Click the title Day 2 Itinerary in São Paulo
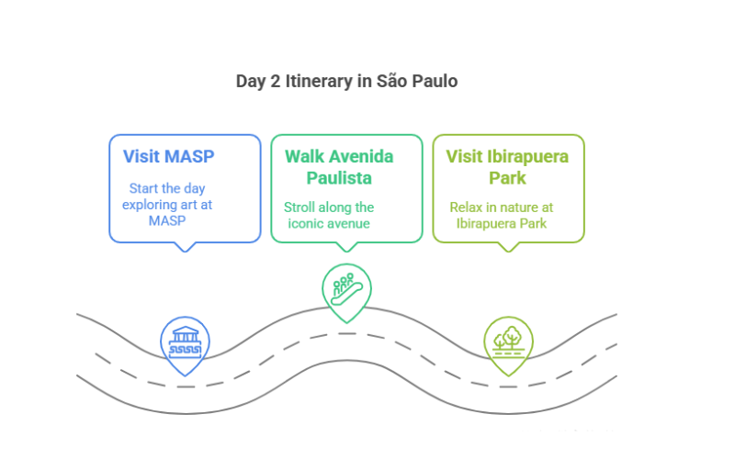tap(347, 82)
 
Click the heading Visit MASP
tap(169, 156)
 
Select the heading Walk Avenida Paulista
tap(339, 167)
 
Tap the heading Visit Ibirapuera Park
tap(507, 167)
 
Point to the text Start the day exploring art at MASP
tap(167, 204)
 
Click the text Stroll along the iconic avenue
tap(329, 216)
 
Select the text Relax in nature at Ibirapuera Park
tap(502, 216)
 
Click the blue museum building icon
tap(186, 342)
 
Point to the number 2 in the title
tap(275, 82)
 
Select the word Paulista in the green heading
tap(339, 178)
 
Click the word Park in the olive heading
tap(507, 178)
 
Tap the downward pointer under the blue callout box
tap(185, 247)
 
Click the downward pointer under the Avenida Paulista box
tap(347, 247)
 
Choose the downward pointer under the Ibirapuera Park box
tap(509, 247)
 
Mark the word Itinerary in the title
tap(319, 82)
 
